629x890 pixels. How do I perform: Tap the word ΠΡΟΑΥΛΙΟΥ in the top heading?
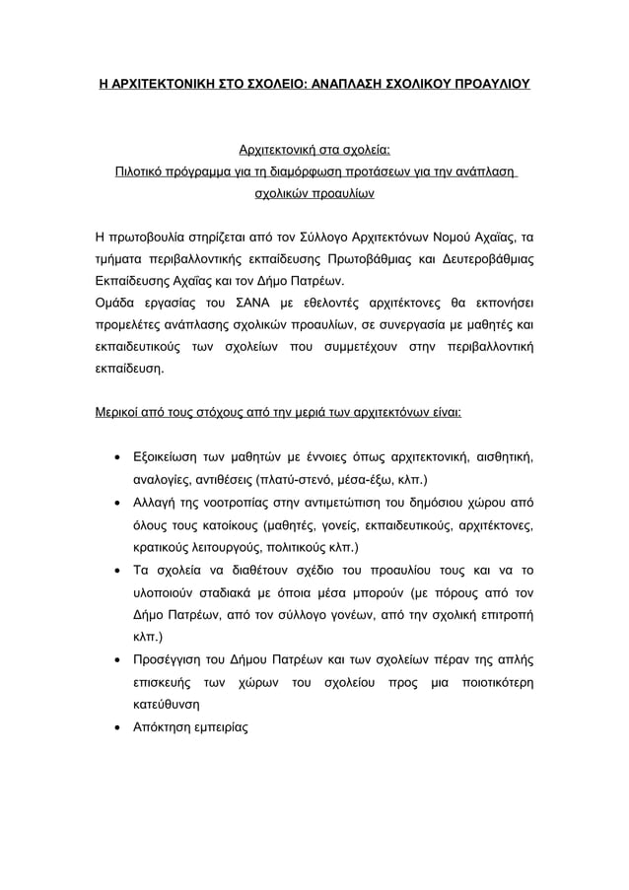coord(484,84)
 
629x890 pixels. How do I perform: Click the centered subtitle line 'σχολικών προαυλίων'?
coord(314,194)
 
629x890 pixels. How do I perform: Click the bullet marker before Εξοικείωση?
coord(118,458)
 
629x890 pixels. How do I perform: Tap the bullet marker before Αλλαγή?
coord(118,503)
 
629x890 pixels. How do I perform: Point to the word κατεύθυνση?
coord(167,705)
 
